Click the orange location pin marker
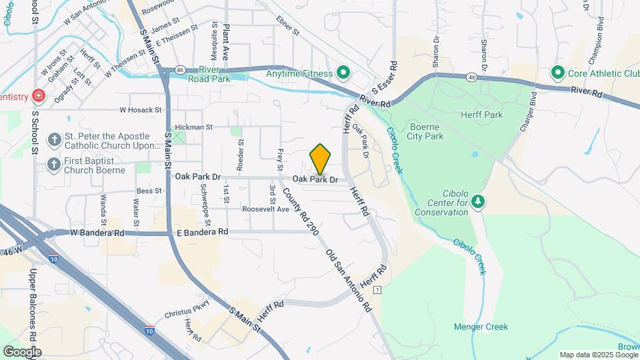(x=320, y=159)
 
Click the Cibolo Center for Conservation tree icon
(x=477, y=201)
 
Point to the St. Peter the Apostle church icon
(x=54, y=140)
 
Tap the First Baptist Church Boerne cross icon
(x=54, y=164)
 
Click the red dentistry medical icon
(x=39, y=97)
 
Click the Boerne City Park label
(x=425, y=131)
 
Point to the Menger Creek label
(x=481, y=327)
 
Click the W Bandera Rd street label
(x=97, y=233)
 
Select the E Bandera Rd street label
(x=203, y=232)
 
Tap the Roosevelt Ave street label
(x=266, y=209)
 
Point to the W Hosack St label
(x=141, y=109)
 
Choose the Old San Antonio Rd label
(x=348, y=281)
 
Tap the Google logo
(x=22, y=351)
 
